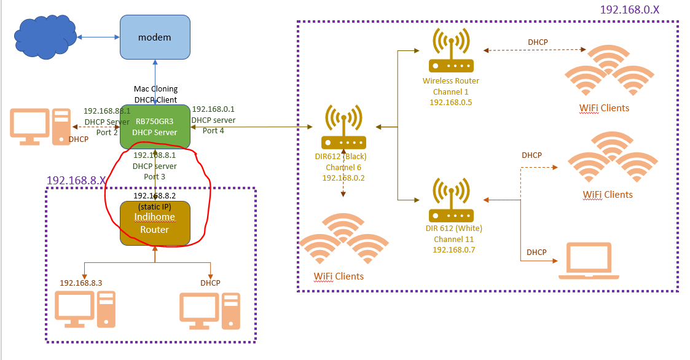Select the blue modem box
[154, 37]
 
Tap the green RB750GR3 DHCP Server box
[155, 127]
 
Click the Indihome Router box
[155, 223]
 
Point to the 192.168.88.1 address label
[107, 111]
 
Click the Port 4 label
[213, 130]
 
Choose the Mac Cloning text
[155, 89]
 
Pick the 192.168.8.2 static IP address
[155, 195]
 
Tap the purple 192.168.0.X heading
[639, 10]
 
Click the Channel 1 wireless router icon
[451, 52]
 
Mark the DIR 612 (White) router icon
[451, 201]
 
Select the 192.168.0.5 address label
[450, 102]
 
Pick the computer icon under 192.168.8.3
[85, 309]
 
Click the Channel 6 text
[343, 166]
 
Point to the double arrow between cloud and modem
[98, 37]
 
